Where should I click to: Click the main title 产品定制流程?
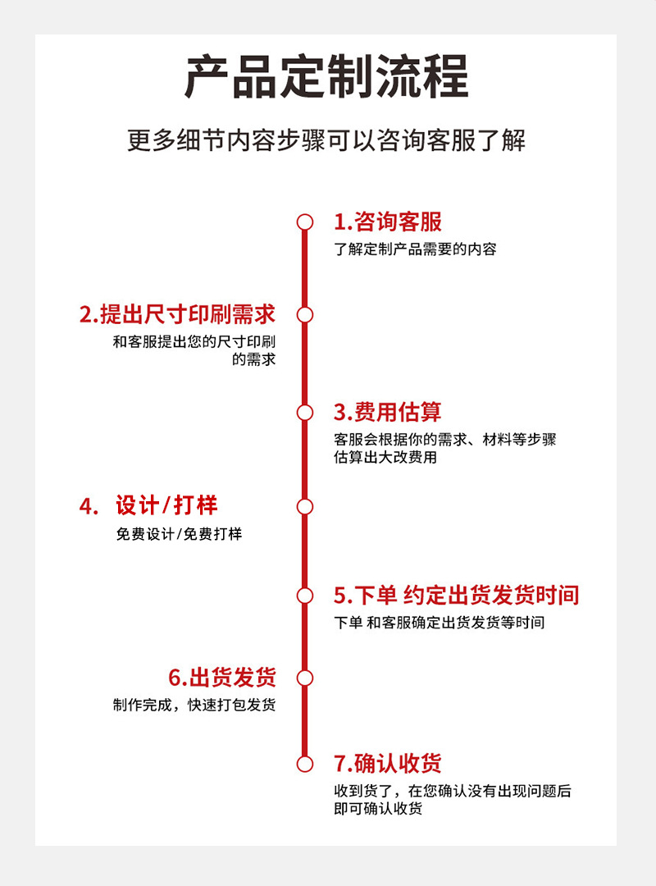click(326, 76)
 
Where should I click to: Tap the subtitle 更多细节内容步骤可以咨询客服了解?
click(326, 140)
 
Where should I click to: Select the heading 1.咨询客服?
click(388, 221)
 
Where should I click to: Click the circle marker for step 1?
click(305, 222)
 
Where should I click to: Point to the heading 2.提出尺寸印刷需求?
click(177, 314)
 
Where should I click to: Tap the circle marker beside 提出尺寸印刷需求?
click(305, 315)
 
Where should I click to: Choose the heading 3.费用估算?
click(388, 412)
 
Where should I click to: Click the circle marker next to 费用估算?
click(305, 413)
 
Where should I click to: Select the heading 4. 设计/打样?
click(148, 506)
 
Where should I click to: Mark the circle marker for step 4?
click(305, 507)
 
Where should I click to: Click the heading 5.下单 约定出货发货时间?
click(456, 595)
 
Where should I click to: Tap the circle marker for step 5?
click(305, 596)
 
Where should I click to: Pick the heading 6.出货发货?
click(222, 678)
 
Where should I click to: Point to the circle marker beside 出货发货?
click(305, 678)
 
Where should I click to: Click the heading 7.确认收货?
click(388, 764)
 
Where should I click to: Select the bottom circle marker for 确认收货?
click(305, 765)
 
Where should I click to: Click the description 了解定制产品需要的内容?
click(415, 249)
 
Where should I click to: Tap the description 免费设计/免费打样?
click(179, 534)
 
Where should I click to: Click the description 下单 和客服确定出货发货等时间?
click(439, 623)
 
